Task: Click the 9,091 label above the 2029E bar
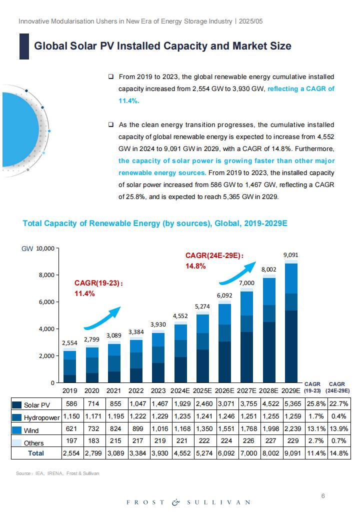290,255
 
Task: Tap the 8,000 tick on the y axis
45,275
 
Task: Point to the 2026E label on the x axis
224,390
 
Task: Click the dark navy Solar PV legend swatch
16,405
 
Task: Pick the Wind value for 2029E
292,429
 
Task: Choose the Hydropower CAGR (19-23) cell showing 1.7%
316,416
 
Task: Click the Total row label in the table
36,453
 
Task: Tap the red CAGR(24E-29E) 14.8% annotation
214,260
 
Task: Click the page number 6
323,496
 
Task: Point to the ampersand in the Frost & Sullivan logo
175,502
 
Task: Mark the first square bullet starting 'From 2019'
110,76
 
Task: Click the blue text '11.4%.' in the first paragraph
129,101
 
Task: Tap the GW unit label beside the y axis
27,248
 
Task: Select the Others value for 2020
93,441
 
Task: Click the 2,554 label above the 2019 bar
69,343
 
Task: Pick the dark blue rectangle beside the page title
24,46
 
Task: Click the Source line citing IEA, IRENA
57,473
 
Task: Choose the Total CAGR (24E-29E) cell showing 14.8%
339,453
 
